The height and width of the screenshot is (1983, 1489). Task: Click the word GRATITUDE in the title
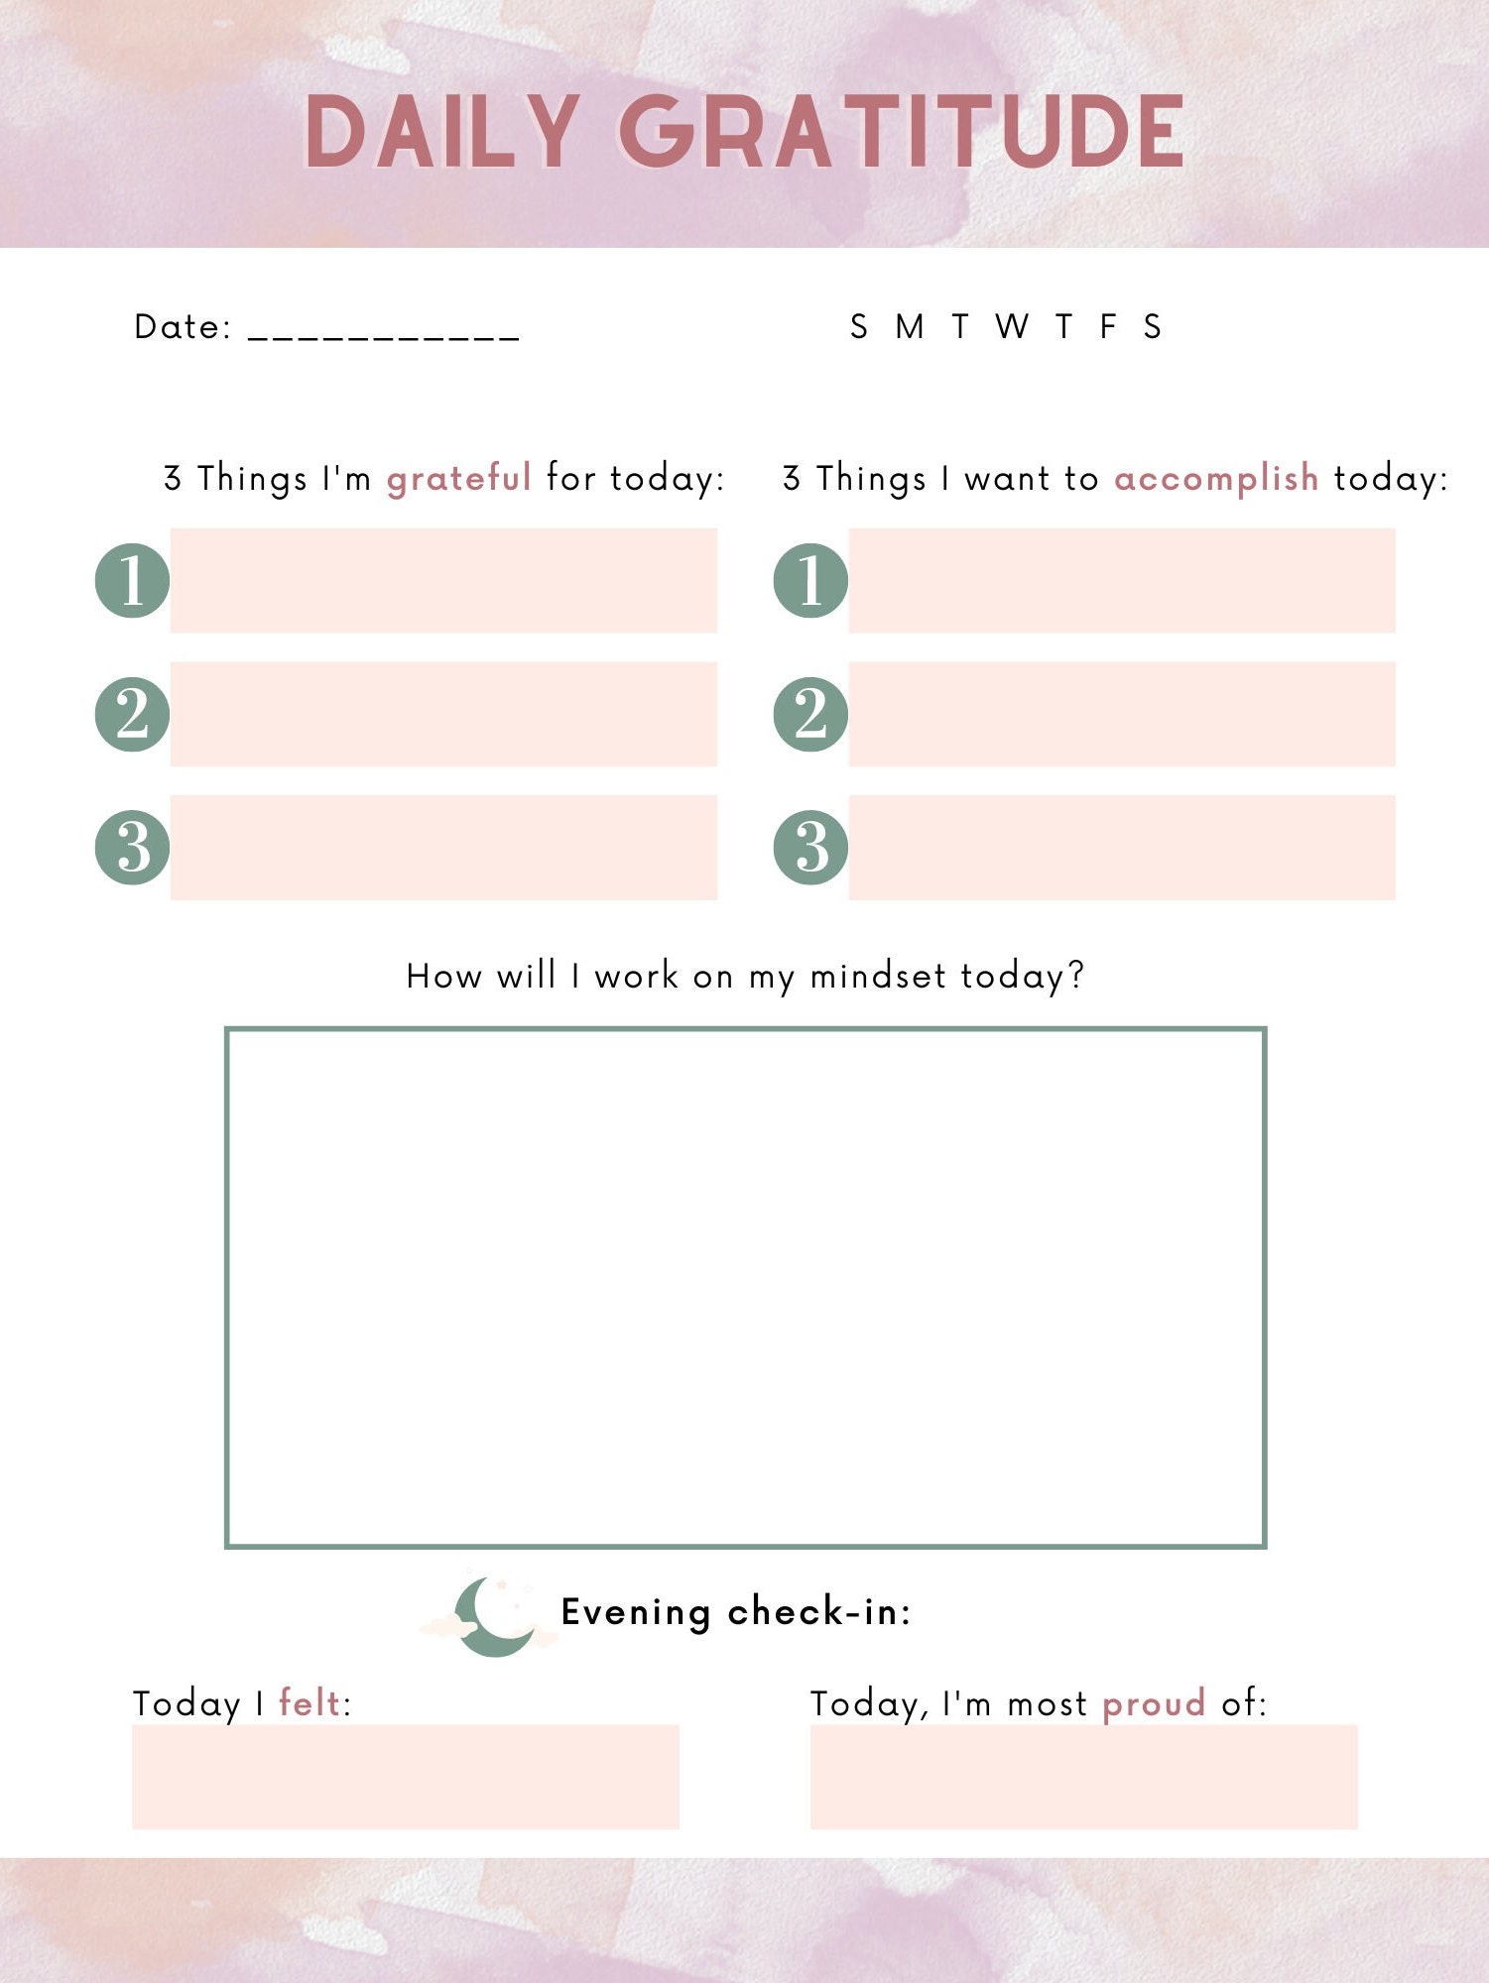click(x=901, y=132)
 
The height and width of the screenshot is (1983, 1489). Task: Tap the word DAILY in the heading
click(x=440, y=132)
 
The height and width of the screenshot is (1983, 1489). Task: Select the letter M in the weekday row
click(x=910, y=326)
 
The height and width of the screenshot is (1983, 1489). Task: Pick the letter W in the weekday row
click(x=1012, y=326)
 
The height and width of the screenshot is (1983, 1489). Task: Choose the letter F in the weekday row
click(x=1108, y=326)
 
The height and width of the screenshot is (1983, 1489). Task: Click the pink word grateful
click(x=458, y=479)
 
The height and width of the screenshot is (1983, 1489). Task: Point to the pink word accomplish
click(x=1216, y=479)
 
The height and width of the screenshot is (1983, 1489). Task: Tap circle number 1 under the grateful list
click(x=132, y=580)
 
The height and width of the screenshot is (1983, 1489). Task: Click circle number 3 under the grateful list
click(x=132, y=847)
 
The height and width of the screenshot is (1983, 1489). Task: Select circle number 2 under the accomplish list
click(x=810, y=714)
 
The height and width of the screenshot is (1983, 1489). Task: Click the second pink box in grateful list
click(x=443, y=714)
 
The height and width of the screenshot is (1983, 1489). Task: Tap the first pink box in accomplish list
click(x=1121, y=580)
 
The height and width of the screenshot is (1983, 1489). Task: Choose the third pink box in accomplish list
click(x=1121, y=847)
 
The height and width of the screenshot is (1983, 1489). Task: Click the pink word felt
click(x=310, y=1703)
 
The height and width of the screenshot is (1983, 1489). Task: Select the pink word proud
click(x=1154, y=1703)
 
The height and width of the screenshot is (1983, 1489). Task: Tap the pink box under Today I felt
click(x=405, y=1777)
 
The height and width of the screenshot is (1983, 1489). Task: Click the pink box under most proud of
click(x=1083, y=1777)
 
